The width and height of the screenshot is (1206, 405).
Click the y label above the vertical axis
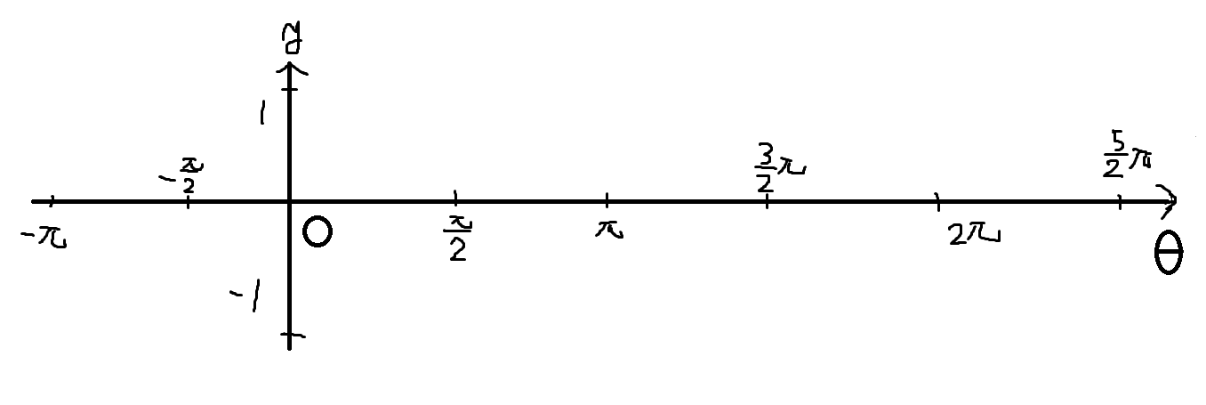pyautogui.click(x=292, y=40)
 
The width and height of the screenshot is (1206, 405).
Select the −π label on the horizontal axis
pyautogui.click(x=44, y=238)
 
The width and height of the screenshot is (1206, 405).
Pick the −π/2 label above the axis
pyautogui.click(x=182, y=175)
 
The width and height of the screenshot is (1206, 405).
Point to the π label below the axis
pyautogui.click(x=609, y=231)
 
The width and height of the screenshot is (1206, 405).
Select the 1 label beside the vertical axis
pyautogui.click(x=262, y=112)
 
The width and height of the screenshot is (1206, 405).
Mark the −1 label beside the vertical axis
pyautogui.click(x=245, y=296)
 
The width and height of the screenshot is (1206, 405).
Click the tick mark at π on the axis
pyautogui.click(x=607, y=199)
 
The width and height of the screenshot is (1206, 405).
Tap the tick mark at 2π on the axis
pyautogui.click(x=938, y=201)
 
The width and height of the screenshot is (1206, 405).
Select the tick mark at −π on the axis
pyautogui.click(x=52, y=201)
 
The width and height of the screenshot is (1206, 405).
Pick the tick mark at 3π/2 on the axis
pyautogui.click(x=767, y=200)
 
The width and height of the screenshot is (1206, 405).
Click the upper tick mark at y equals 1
pyautogui.click(x=289, y=88)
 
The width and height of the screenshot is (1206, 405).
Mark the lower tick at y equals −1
pyautogui.click(x=293, y=336)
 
